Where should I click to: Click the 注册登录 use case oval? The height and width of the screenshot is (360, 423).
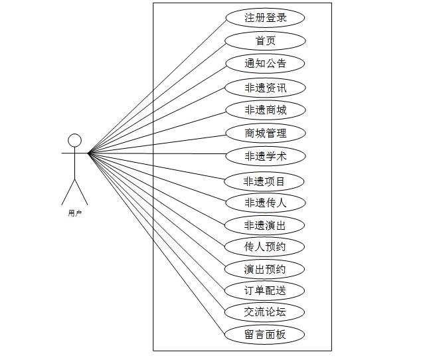(265, 18)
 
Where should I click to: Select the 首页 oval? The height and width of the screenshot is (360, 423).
(265, 41)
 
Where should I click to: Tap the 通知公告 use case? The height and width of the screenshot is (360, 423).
(265, 64)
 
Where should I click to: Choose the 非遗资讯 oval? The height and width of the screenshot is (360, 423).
(265, 88)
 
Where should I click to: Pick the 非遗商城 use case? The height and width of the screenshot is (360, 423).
(265, 110)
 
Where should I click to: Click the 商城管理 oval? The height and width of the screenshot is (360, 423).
(265, 133)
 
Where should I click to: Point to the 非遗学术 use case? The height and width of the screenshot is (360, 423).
(265, 157)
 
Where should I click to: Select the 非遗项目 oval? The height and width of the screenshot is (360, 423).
(265, 181)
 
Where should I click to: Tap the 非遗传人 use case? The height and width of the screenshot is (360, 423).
(265, 203)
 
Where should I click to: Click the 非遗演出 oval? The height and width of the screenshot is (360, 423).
(265, 225)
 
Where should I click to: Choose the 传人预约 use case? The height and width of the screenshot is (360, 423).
(265, 247)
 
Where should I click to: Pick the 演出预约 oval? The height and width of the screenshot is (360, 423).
(265, 269)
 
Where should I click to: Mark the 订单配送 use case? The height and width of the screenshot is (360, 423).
(265, 290)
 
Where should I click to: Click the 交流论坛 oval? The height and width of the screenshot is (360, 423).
(265, 312)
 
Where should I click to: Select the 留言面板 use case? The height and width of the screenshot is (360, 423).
(265, 334)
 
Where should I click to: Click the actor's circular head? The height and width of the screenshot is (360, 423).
(75, 140)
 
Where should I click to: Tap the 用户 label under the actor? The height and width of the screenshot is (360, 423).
(75, 214)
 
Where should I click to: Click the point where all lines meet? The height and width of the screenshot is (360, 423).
(88, 153)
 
